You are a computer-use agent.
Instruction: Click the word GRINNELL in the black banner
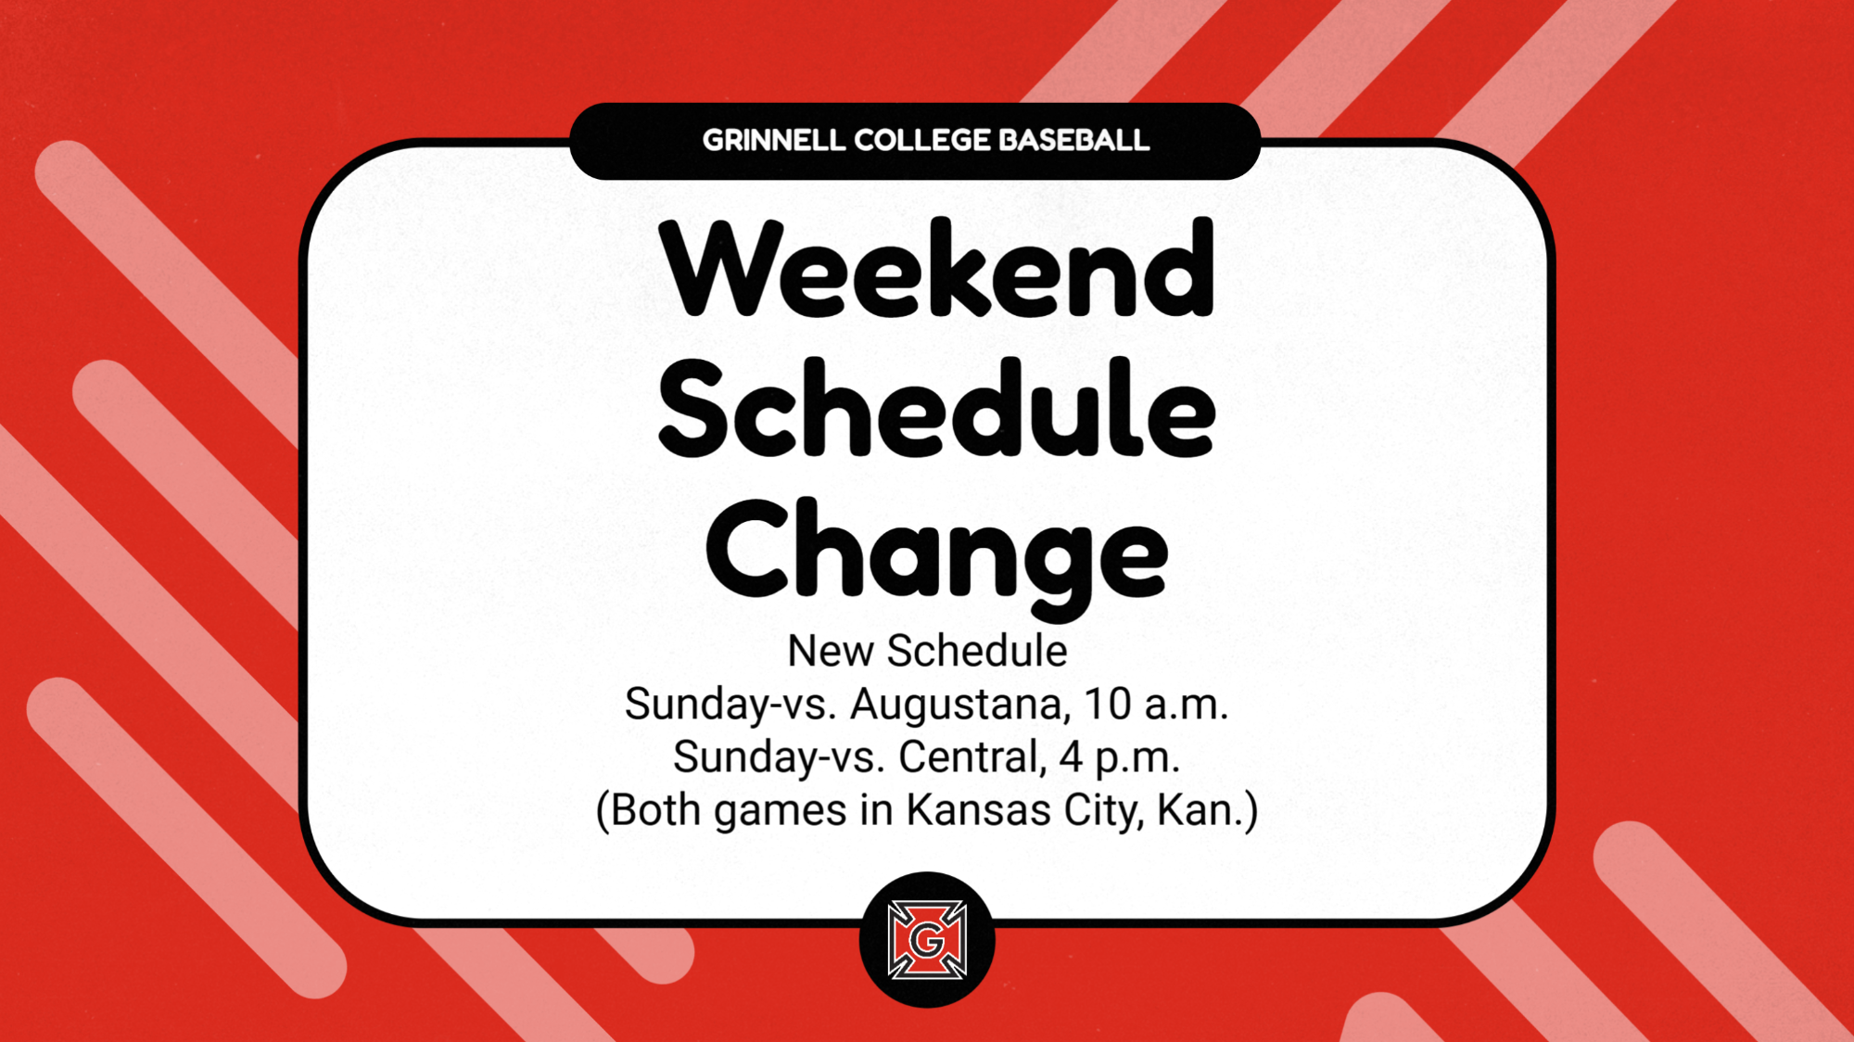coord(773,140)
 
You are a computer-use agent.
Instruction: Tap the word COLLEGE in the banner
coord(921,140)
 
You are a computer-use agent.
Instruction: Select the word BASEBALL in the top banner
coord(1074,140)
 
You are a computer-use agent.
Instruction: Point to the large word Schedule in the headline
coord(936,408)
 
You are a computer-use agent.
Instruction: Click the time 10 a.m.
coord(1156,705)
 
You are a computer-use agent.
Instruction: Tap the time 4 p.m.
coord(1120,758)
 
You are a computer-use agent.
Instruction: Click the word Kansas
coord(978,809)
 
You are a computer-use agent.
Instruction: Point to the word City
coord(1102,811)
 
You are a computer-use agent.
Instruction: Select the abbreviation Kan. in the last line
coord(1200,809)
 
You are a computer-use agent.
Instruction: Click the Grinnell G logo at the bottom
coord(927,940)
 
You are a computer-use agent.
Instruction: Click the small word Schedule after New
coord(977,651)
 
